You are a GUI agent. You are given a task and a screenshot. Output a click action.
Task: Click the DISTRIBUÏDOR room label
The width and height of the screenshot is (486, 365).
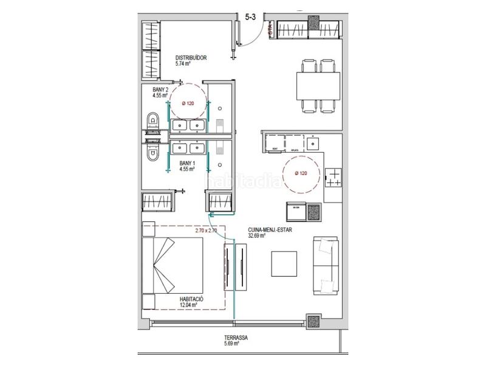tap(191, 58)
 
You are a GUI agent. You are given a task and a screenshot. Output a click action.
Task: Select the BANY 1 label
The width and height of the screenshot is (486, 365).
tap(187, 164)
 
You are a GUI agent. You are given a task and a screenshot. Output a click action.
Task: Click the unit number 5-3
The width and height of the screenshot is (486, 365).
tap(250, 18)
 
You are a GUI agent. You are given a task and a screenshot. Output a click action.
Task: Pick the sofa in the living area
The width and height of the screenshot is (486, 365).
tap(326, 265)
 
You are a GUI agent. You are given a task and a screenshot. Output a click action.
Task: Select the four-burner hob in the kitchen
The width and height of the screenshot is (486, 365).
tap(334, 177)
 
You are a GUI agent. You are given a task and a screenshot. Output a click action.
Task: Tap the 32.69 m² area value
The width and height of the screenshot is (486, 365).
tap(256, 237)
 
